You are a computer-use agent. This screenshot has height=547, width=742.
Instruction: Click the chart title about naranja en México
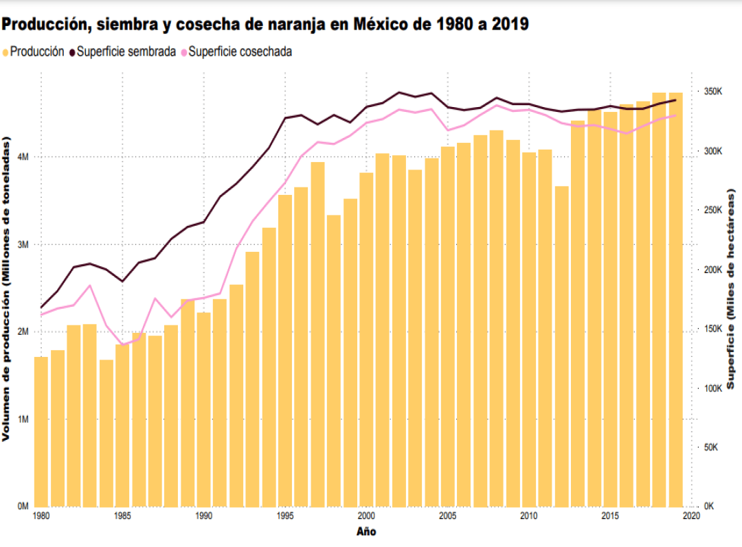click(265, 24)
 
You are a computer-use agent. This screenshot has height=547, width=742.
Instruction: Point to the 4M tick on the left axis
click(23, 157)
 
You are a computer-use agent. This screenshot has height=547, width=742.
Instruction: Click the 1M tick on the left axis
click(23, 419)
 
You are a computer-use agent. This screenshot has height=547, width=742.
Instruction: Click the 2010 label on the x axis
click(528, 515)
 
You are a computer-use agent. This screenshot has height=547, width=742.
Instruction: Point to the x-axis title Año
click(366, 531)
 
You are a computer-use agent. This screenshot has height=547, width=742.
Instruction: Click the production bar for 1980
click(41, 432)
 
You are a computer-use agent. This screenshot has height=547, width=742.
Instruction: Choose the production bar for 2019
click(675, 302)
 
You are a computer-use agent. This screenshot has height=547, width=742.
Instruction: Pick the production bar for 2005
click(448, 329)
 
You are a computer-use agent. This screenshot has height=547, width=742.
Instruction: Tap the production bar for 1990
click(203, 412)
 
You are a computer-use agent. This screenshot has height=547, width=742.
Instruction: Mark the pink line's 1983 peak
click(90, 286)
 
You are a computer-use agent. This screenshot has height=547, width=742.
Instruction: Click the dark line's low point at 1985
click(122, 281)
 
